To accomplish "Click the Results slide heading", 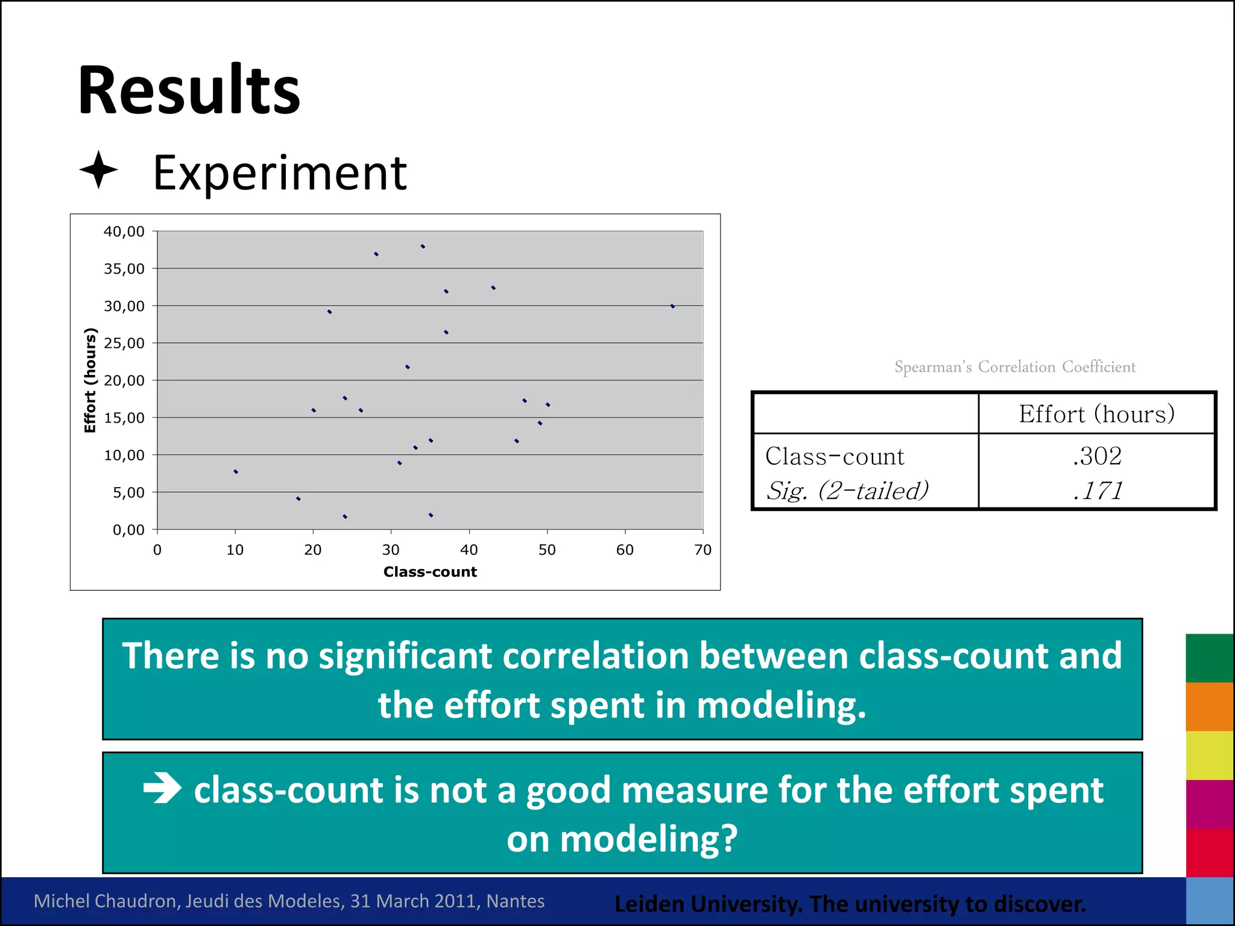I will point(189,90).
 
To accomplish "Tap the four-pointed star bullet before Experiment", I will point(98,171).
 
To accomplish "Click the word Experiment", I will point(280,173).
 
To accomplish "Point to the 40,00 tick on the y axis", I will point(124,231).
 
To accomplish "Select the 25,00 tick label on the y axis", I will point(124,343).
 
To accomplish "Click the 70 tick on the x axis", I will point(703,549).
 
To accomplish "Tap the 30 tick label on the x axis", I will point(391,549).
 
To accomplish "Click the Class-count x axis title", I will point(430,572).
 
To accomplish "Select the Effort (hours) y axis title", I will point(90,380).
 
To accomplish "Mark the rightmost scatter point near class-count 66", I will point(672,306).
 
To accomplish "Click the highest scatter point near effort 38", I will point(423,247).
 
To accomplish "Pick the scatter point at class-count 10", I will point(236,471).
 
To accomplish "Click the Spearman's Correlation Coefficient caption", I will point(1014,367).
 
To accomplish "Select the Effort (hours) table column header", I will point(1096,414).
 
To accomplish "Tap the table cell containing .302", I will point(1097,456).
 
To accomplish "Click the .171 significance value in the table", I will point(1097,491).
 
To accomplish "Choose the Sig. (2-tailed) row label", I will point(847,491).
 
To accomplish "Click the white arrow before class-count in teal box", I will point(162,788).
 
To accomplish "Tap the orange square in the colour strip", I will point(1209,707).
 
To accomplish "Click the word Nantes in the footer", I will point(515,901).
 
